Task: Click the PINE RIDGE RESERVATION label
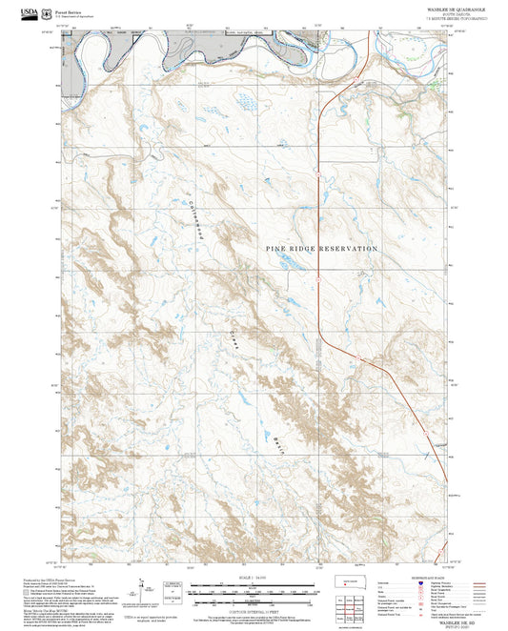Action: (321, 248)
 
